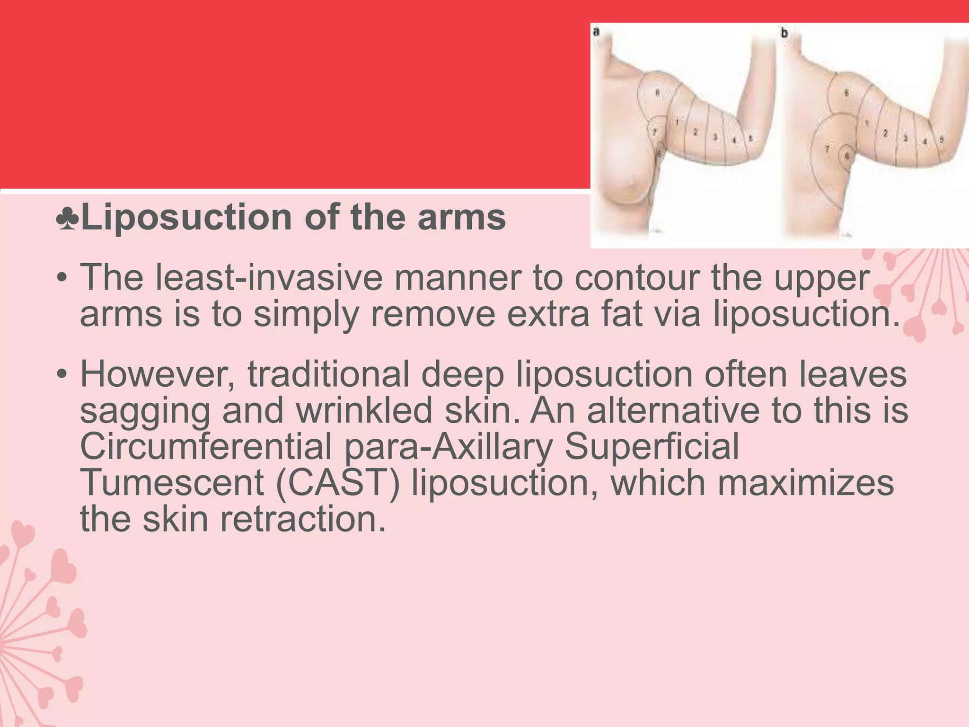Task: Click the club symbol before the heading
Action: pyautogui.click(x=68, y=219)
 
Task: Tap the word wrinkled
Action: pyautogui.click(x=364, y=410)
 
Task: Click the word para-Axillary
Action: pyautogui.click(x=449, y=446)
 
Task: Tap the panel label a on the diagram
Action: pyautogui.click(x=597, y=32)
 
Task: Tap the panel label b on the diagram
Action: pyautogui.click(x=784, y=33)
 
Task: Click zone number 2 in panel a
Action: pyautogui.click(x=695, y=133)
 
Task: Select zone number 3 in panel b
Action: pyautogui.click(x=905, y=138)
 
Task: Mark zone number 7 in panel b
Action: pyautogui.click(x=828, y=149)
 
